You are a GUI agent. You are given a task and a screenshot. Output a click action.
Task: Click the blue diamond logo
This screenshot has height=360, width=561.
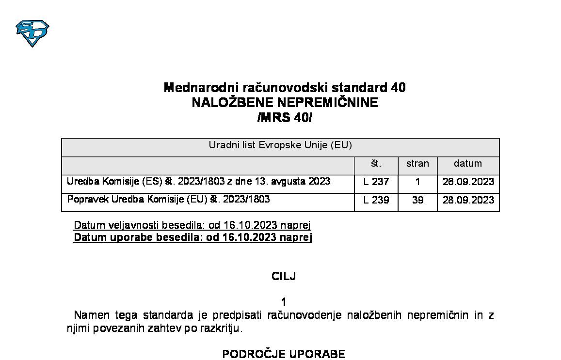tap(32, 32)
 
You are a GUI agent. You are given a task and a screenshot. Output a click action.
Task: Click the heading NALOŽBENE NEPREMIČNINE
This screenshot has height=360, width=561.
tap(285, 103)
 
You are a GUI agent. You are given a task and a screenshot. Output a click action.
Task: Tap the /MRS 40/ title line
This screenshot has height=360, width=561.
tap(285, 118)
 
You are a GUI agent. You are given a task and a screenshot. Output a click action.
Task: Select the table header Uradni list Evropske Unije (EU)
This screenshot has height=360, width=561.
tap(280, 145)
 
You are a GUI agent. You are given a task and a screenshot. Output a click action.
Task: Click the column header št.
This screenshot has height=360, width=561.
tap(376, 164)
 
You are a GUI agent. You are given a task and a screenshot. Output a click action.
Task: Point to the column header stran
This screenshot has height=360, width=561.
tap(417, 164)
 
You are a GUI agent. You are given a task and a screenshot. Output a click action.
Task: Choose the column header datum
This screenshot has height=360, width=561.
tap(468, 164)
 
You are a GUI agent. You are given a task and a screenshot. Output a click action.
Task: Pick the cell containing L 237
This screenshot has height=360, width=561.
tap(376, 182)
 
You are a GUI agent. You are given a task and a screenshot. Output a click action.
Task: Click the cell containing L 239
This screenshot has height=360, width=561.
tap(376, 200)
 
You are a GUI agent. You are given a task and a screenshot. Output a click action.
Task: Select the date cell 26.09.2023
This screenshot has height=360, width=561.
tap(468, 182)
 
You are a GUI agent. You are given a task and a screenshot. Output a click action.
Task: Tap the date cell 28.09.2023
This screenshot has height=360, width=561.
tap(468, 200)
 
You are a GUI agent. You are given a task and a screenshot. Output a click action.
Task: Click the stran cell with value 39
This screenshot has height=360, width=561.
tap(417, 200)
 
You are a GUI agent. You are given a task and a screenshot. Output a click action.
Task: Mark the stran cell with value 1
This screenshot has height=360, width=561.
tap(417, 182)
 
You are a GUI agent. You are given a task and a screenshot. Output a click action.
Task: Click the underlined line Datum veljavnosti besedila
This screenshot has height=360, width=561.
tap(192, 225)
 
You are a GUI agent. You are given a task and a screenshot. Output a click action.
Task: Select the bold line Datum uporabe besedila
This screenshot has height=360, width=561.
tap(192, 237)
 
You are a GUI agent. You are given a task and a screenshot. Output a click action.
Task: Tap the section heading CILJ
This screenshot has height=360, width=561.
tap(284, 277)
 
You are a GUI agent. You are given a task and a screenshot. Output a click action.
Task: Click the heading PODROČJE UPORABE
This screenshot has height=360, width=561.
tap(284, 354)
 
